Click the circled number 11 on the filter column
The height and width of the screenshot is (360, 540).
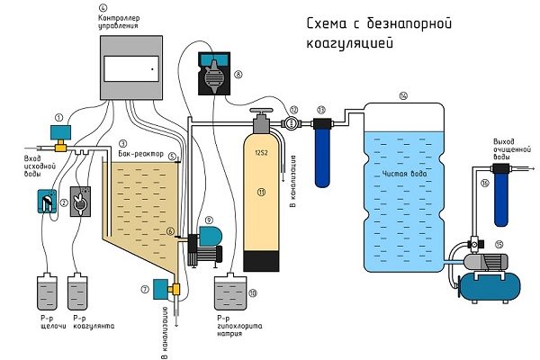[262, 192]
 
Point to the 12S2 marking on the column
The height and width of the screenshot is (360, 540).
[262, 151]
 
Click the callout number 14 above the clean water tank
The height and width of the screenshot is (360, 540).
[402, 95]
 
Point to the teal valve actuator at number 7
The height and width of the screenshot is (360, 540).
[161, 289]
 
